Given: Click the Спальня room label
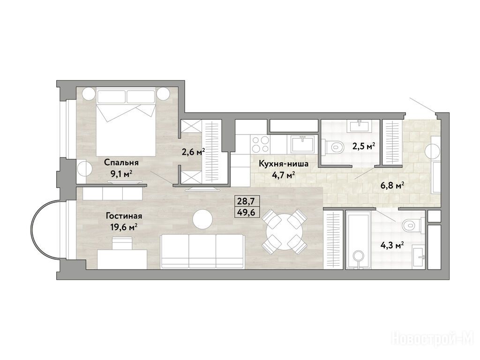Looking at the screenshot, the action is click(x=121, y=162).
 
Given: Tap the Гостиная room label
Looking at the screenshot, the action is click(x=124, y=216).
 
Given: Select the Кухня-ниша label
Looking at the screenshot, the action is click(x=284, y=164).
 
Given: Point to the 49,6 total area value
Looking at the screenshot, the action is click(x=247, y=212).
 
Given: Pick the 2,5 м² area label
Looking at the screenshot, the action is click(x=364, y=146).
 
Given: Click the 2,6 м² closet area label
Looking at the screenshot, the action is click(x=193, y=151).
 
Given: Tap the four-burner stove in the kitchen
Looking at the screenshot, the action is click(x=261, y=144).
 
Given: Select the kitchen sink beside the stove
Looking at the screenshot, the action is click(x=302, y=144).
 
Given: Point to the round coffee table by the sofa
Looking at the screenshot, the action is click(x=202, y=218).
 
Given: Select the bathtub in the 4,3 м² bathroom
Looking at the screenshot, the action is click(x=359, y=240).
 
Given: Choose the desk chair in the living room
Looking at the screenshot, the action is click(x=122, y=243).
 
